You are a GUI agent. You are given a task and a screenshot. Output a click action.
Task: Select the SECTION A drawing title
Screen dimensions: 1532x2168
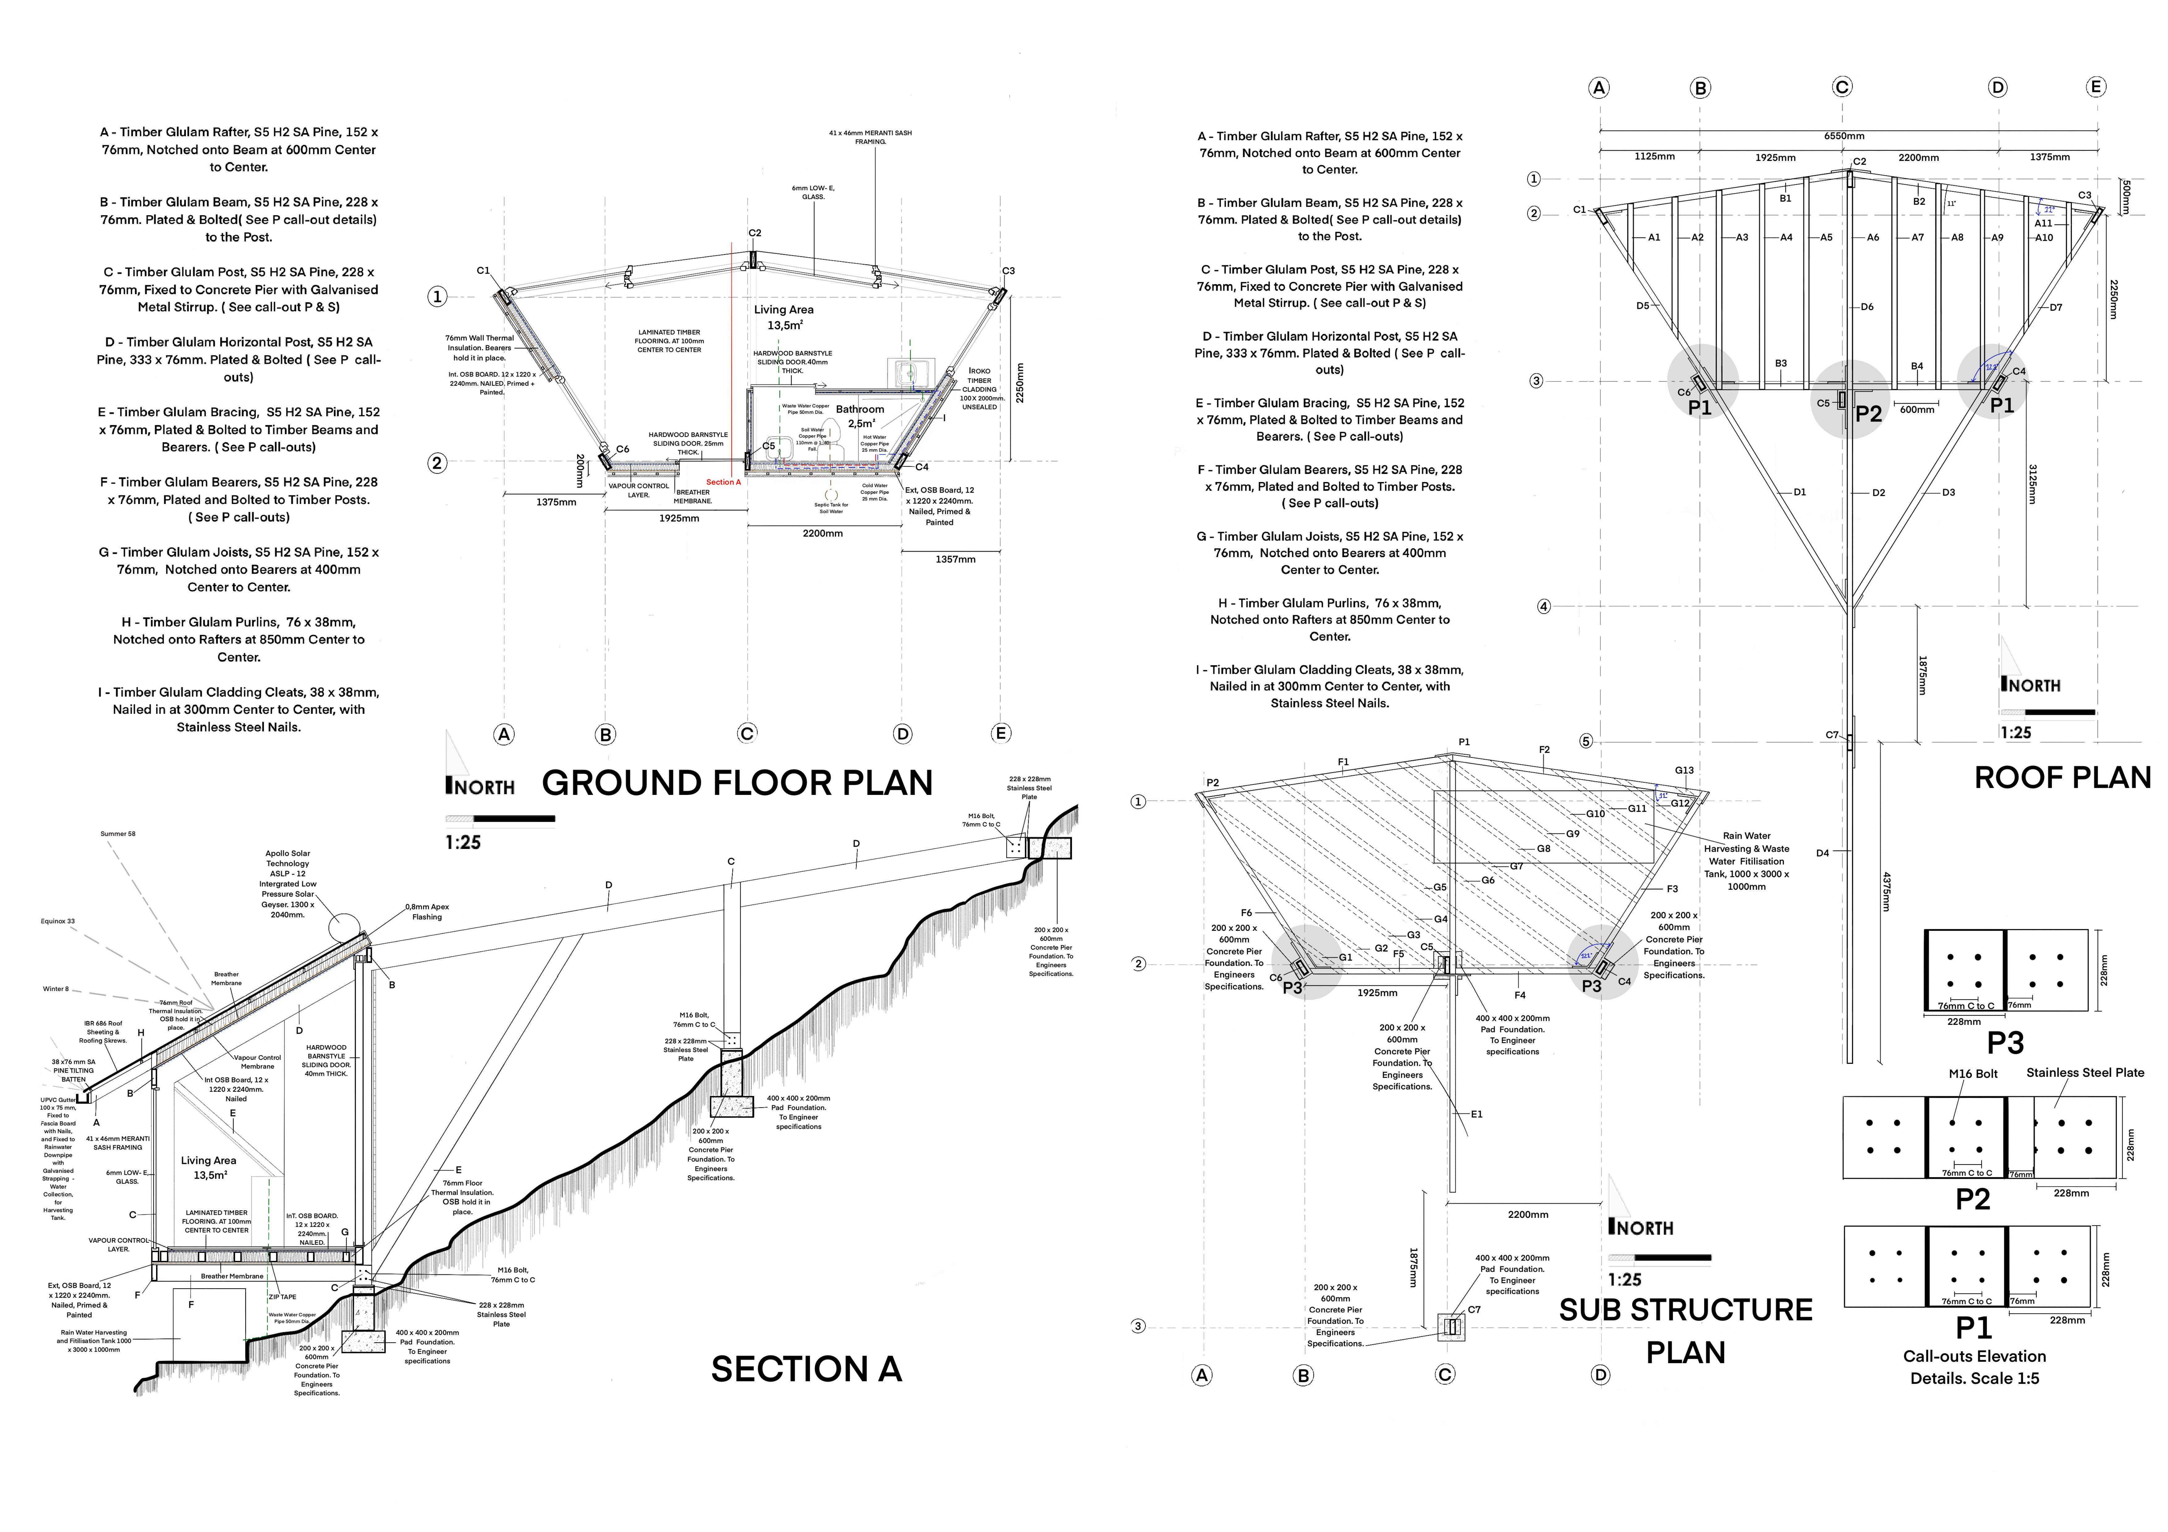[x=806, y=1369]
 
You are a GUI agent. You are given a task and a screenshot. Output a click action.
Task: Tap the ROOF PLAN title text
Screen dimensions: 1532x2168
[x=2062, y=778]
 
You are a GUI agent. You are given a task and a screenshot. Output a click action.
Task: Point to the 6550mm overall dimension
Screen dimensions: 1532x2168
[x=1843, y=136]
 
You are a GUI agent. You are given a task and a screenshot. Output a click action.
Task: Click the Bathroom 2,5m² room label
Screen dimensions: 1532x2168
[x=859, y=416]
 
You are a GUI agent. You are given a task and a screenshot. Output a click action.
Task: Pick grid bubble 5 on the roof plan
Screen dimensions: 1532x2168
[x=1586, y=741]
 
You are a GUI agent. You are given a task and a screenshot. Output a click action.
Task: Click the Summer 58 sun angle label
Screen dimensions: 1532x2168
[x=118, y=833]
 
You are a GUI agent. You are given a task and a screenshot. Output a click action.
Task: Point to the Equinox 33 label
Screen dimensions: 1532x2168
[x=57, y=921]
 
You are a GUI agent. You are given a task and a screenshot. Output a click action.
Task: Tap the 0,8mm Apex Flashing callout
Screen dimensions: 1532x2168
[x=427, y=912]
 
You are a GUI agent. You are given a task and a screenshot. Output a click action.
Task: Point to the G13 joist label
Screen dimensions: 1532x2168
[x=1683, y=770]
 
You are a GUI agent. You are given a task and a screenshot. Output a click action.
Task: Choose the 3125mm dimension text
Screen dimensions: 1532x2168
[x=2031, y=483]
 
